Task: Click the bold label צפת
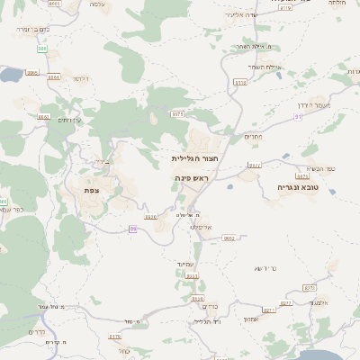[90, 190]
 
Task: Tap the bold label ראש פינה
[191, 178]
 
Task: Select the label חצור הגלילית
[196, 157]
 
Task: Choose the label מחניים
[252, 136]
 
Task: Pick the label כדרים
[36, 332]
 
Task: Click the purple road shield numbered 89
[133, 229]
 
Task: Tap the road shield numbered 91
[297, 129]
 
